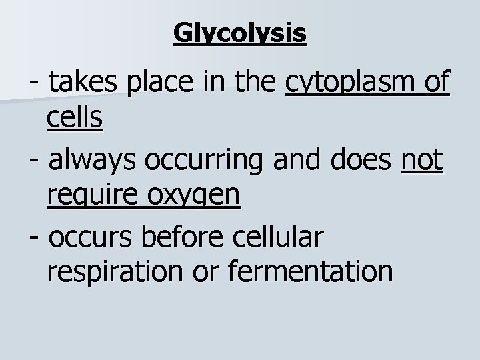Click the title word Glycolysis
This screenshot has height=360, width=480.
(x=240, y=33)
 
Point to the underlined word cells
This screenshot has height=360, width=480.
(x=75, y=118)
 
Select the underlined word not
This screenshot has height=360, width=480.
(x=422, y=161)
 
